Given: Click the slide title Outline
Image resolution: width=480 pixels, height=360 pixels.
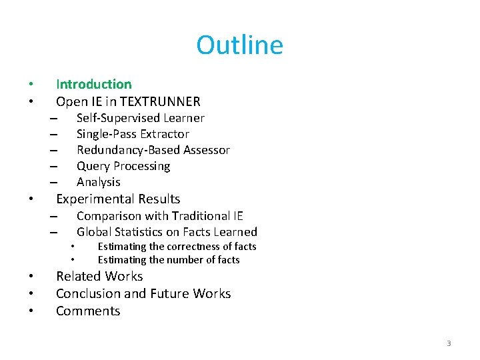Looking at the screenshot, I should pos(239,45).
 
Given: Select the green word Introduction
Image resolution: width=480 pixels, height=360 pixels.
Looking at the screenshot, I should pos(94,84).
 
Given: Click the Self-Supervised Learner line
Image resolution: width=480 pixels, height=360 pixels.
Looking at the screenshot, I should pos(140,118).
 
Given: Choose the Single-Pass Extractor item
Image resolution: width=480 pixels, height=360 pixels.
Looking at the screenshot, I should pos(133,134).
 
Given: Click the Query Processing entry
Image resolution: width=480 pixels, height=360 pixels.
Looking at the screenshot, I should pos(123,166).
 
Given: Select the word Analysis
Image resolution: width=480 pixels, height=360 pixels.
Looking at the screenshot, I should pos(99,182).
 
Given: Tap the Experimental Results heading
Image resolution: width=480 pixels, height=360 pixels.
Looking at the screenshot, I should pos(118,199).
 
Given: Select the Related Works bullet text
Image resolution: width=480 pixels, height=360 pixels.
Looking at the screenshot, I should pos(99,276).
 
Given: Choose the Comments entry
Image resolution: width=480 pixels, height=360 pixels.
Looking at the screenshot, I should pos(88,311).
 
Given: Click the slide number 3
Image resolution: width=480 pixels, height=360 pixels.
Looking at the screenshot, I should pos(449,343).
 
